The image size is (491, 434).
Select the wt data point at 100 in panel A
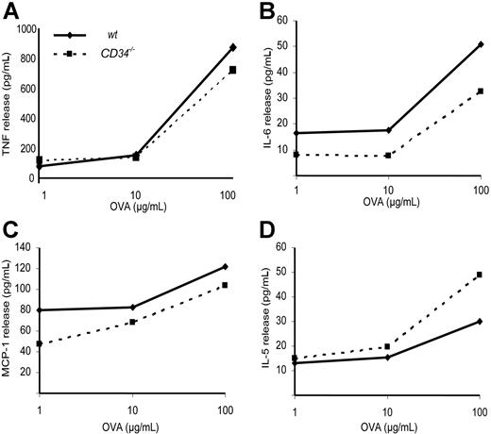tap(232, 46)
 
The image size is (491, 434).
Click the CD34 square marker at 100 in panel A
tap(232, 70)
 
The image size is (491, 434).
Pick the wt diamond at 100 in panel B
tap(481, 43)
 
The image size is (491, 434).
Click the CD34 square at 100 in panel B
tap(481, 91)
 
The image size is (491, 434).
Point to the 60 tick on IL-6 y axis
tap(281, 20)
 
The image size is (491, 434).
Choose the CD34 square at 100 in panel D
tap(481, 275)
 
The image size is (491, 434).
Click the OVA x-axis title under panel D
tap(388, 426)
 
